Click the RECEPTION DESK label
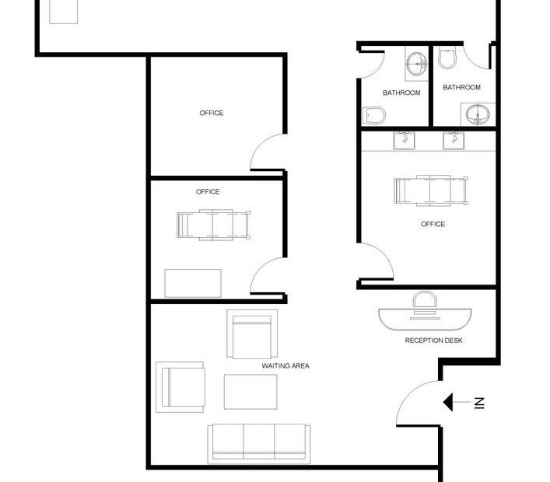coord(433,341)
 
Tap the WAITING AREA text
coord(286,366)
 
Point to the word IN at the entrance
coord(479,403)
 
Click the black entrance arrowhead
coord(448,402)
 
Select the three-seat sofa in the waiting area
coord(259,444)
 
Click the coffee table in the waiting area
coord(250,392)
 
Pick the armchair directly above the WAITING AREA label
coord(252,334)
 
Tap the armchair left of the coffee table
coord(180,387)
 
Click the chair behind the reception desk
coord(425,300)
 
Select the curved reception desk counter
coord(425,320)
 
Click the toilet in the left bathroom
coord(373,115)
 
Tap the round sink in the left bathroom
coord(417,64)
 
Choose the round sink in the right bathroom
coord(478,114)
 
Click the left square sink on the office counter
coord(404,141)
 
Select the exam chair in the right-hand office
coord(431,190)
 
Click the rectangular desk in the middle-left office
coord(193,283)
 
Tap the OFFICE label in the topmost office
coord(212,113)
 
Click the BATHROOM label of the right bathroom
coord(461,87)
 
